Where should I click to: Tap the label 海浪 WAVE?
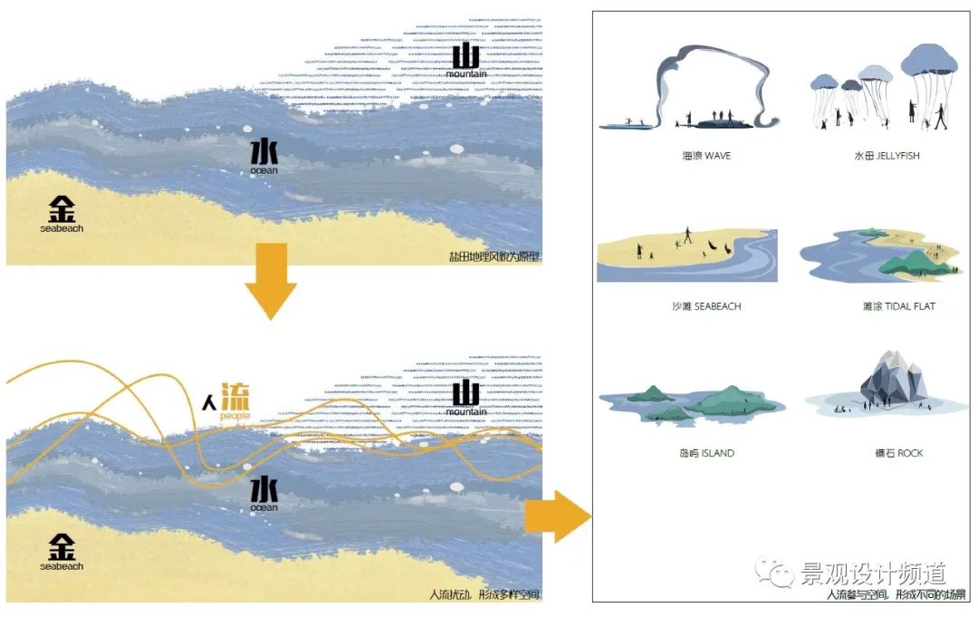tap(706, 156)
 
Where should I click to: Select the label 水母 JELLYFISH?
tap(887, 156)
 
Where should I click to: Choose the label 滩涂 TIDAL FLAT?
tap(898, 306)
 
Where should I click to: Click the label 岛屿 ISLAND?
tap(705, 453)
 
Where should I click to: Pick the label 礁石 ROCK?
tap(898, 453)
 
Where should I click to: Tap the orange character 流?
tap(235, 399)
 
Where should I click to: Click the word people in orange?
tap(235, 417)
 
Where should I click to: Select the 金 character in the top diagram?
tap(62, 209)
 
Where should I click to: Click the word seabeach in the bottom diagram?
tap(62, 566)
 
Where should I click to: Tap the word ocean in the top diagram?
tap(264, 170)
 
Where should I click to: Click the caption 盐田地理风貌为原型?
tap(494, 256)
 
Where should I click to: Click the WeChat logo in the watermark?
tap(775, 574)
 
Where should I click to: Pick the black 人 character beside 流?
tap(209, 402)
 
